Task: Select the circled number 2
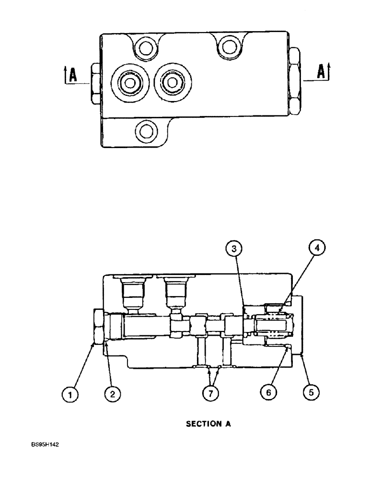pos(113,394)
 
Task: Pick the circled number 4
pos(316,248)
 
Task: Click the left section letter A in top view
pos(72,75)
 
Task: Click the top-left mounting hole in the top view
pos(144,46)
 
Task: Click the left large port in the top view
pos(128,83)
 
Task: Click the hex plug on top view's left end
pos(94,84)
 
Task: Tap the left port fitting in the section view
pos(132,292)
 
